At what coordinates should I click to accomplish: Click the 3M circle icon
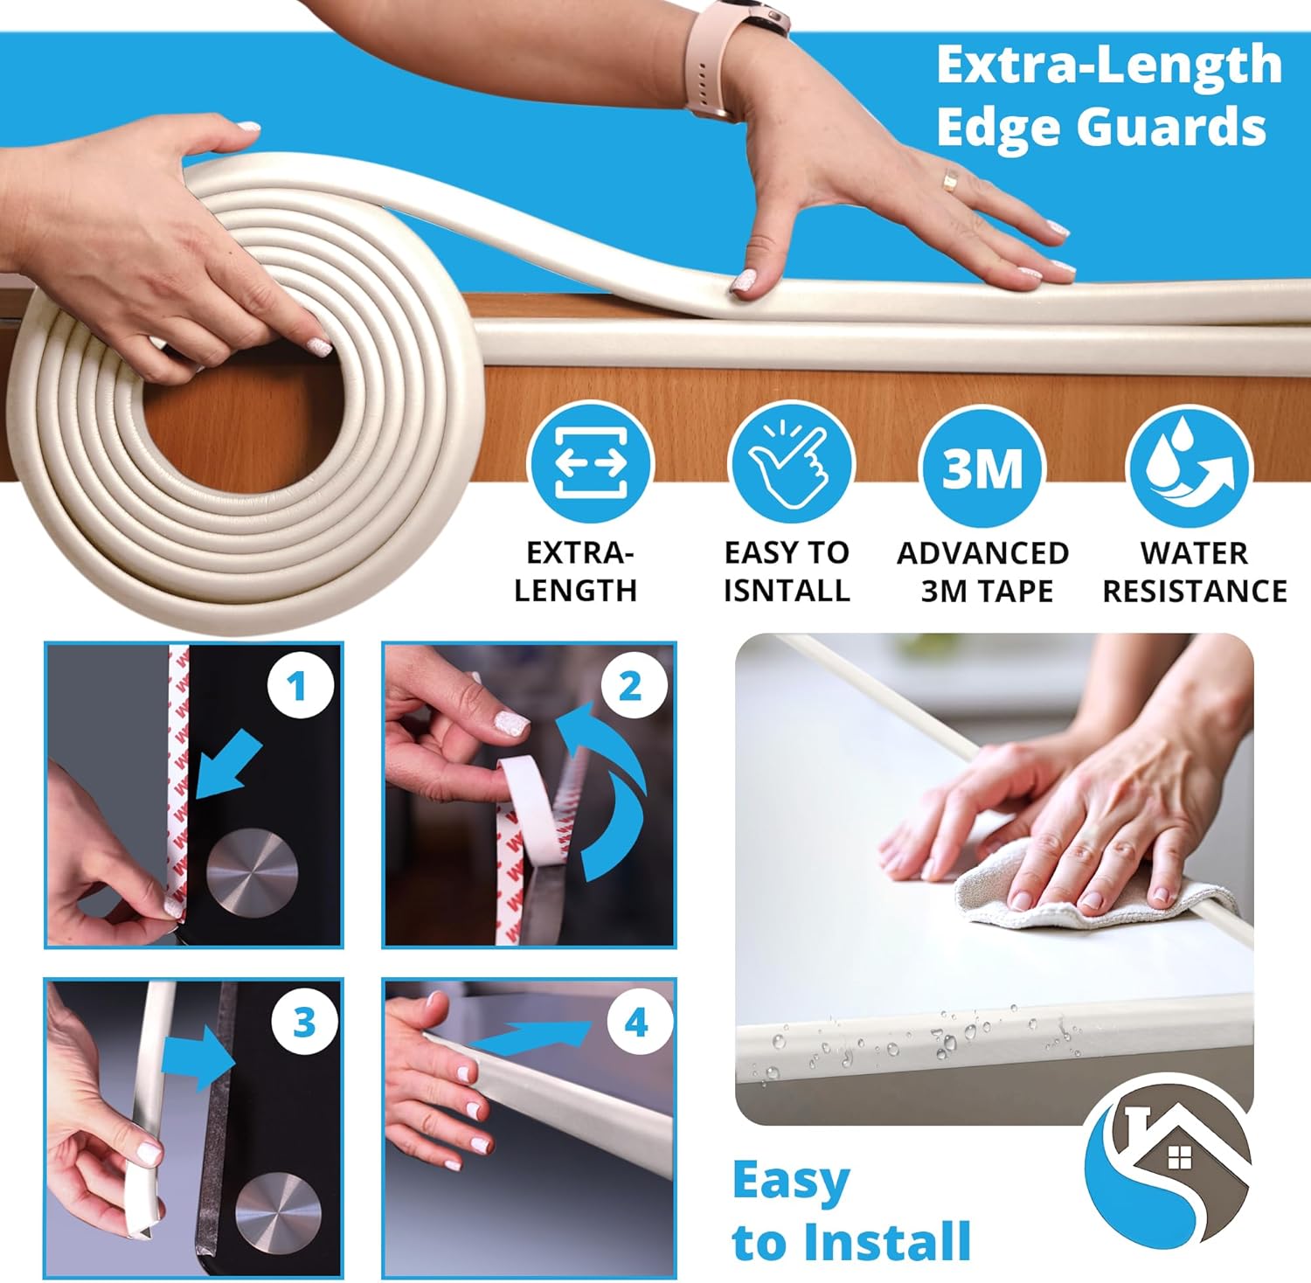982,466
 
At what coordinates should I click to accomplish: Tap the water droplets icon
1189,466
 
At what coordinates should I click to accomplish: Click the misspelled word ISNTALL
787,591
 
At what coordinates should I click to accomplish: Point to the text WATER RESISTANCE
1194,572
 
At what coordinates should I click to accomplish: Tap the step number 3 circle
303,1021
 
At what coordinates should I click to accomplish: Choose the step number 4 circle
636,1021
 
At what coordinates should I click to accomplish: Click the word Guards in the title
1171,126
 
